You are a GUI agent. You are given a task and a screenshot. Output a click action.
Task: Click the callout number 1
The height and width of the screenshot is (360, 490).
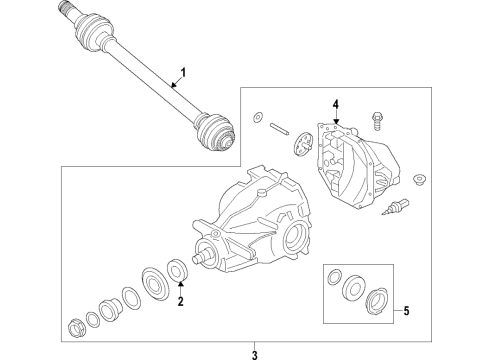183,72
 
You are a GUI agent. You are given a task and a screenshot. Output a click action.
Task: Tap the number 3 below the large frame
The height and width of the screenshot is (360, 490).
255,352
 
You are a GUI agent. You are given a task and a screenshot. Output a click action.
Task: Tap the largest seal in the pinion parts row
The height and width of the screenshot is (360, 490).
155,278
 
